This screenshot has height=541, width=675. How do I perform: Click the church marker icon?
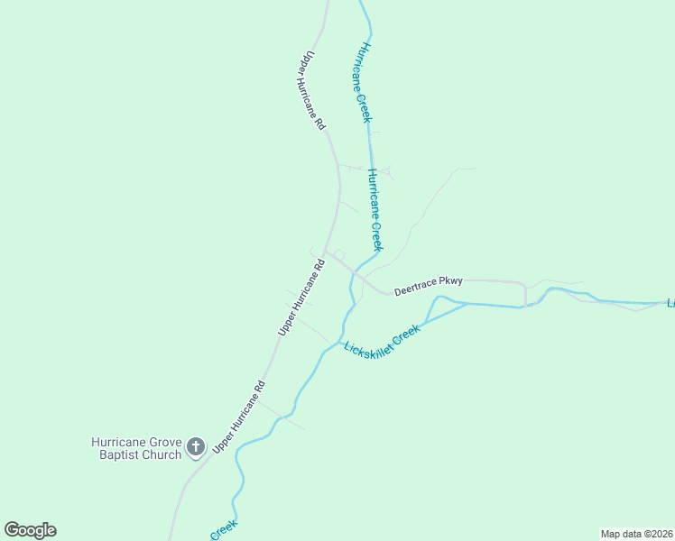(196, 446)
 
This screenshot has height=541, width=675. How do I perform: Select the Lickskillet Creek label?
(383, 338)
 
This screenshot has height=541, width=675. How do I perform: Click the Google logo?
(30, 530)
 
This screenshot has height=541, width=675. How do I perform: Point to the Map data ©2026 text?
(636, 533)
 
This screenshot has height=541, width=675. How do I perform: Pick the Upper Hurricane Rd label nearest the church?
(238, 416)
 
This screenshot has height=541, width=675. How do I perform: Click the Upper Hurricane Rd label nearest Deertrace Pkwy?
(301, 299)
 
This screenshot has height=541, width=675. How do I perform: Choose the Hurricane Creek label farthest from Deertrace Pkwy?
(361, 81)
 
